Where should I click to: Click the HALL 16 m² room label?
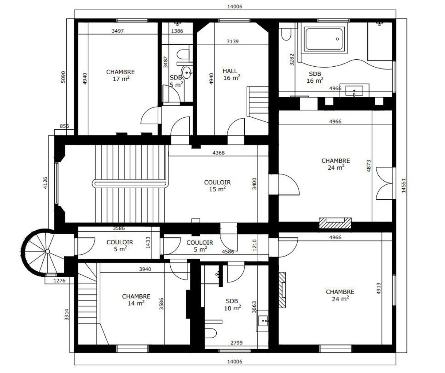click(x=232, y=75)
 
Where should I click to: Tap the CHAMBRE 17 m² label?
click(x=120, y=75)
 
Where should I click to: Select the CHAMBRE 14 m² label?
click(x=136, y=300)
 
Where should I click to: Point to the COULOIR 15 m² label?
click(x=217, y=186)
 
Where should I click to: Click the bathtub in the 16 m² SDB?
click(x=324, y=39)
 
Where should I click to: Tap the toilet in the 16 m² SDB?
click(x=286, y=35)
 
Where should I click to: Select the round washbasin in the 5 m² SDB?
click(x=187, y=72)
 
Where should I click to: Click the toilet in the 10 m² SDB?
click(x=210, y=333)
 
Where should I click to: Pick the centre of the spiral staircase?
click(x=47, y=251)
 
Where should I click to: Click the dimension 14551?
click(x=404, y=185)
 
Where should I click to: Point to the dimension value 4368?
click(x=218, y=153)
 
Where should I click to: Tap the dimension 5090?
click(x=63, y=77)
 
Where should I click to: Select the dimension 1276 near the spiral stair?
click(x=59, y=280)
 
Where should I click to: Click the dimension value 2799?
click(x=237, y=342)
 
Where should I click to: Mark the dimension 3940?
click(x=145, y=269)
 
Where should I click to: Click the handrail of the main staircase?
click(x=130, y=184)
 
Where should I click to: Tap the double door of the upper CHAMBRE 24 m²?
click(x=384, y=183)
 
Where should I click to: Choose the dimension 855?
click(x=64, y=126)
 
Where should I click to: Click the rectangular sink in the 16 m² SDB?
click(x=354, y=91)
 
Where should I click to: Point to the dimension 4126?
click(x=45, y=183)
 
